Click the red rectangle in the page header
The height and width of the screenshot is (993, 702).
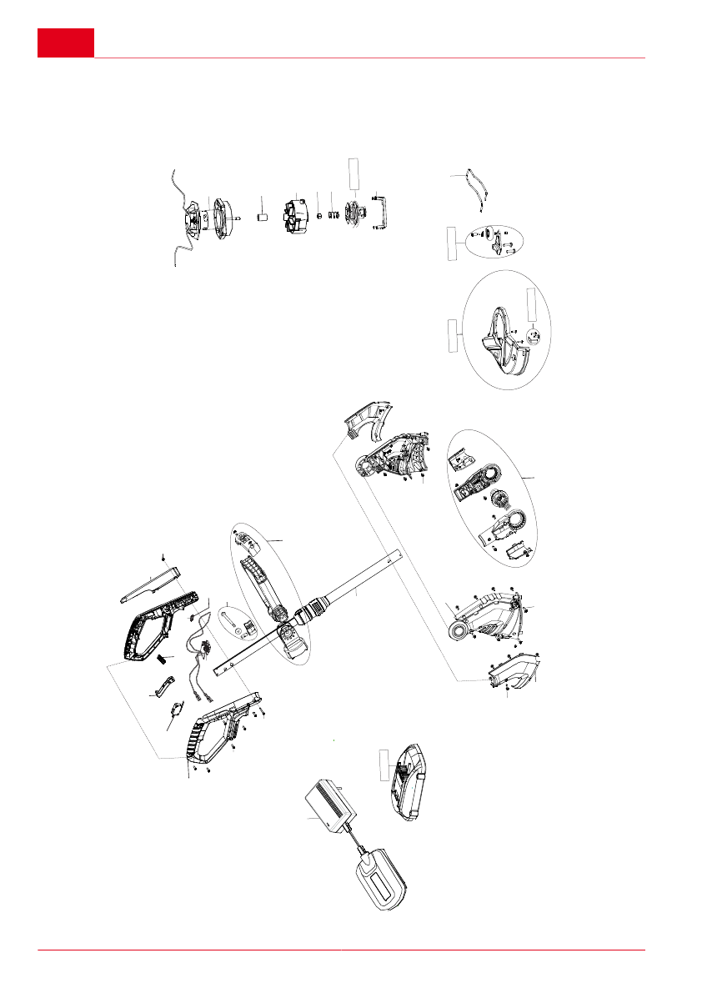[65, 43]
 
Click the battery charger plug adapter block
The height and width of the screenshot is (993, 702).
[331, 808]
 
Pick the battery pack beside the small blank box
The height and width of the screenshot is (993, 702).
[409, 780]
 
